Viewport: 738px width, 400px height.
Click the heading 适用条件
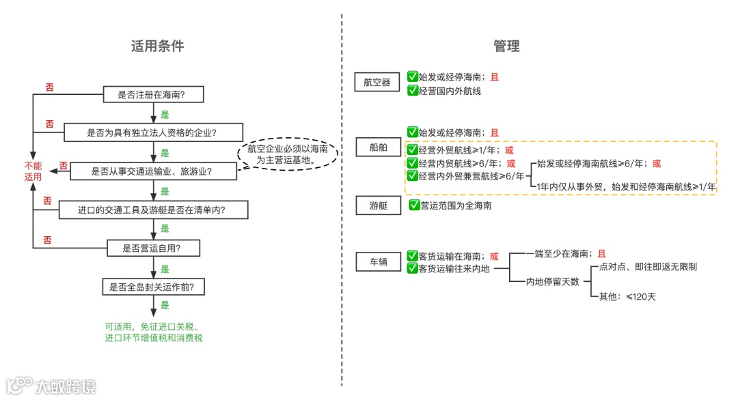(x=158, y=46)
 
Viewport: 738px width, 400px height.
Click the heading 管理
(x=506, y=46)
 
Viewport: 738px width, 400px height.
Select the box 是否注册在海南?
(x=154, y=95)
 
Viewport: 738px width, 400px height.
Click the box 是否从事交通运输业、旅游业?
(x=151, y=171)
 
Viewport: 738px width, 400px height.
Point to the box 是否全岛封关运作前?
(x=152, y=287)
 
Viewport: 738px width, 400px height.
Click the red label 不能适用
(x=32, y=171)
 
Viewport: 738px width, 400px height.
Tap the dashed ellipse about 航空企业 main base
(x=287, y=154)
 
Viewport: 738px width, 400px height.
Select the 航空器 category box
(x=377, y=83)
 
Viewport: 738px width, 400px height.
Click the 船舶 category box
(x=377, y=147)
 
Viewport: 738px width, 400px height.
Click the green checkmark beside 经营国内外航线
(x=412, y=90)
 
